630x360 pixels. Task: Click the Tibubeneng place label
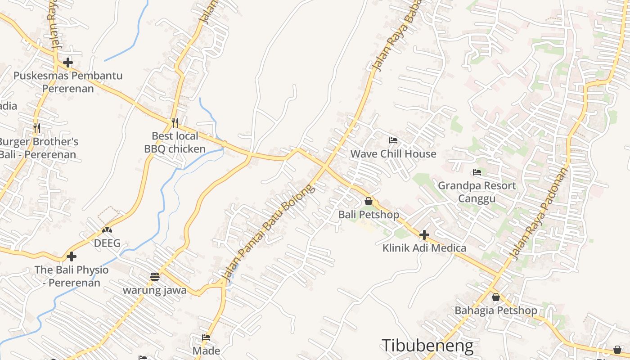[x=427, y=346]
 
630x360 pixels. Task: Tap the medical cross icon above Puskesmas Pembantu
[x=68, y=62]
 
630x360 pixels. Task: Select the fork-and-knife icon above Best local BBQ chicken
[x=175, y=122]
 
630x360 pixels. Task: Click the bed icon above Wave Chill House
[x=393, y=140]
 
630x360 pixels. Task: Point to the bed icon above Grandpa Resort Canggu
[x=477, y=172]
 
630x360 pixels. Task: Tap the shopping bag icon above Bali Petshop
[x=369, y=201]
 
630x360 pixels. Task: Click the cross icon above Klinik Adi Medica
[x=424, y=234]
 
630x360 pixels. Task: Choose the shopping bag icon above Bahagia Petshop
[x=495, y=297]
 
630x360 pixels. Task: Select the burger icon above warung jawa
[x=154, y=276]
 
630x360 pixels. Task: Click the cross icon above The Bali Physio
[x=71, y=256]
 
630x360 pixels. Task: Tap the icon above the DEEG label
[x=107, y=230]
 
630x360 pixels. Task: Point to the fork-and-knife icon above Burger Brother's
[x=37, y=128]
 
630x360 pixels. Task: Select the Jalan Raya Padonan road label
[x=540, y=212]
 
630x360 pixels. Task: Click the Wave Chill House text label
[x=393, y=154]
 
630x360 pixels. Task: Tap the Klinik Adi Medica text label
[x=424, y=248]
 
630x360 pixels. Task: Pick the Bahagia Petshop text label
[x=495, y=310]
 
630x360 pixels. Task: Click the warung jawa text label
[x=154, y=290]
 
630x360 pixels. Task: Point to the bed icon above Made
[x=206, y=337]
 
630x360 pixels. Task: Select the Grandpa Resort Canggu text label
[x=477, y=192]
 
